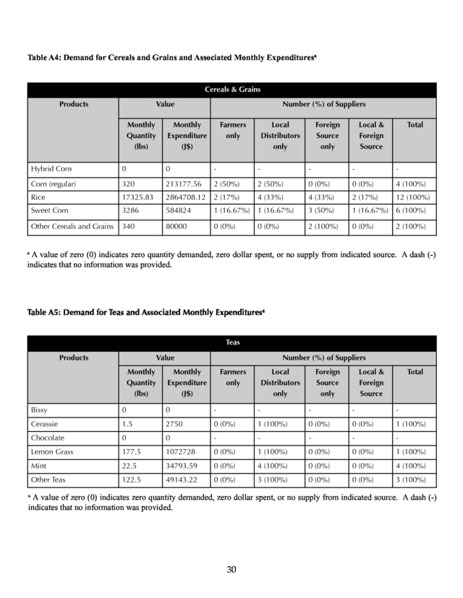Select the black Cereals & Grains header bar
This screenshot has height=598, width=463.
(231, 90)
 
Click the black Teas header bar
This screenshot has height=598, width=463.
(231, 343)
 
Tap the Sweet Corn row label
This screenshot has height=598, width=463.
(50, 211)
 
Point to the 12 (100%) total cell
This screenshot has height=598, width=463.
(415, 197)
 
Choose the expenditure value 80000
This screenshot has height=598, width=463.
(177, 227)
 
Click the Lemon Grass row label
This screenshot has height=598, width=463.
(52, 452)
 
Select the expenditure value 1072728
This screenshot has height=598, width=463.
(182, 452)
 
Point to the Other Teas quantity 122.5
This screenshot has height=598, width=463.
(133, 479)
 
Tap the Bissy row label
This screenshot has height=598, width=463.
(39, 409)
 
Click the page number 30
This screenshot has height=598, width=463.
(231, 570)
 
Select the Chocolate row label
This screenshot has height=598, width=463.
(48, 438)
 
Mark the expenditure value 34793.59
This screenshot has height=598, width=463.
(184, 465)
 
